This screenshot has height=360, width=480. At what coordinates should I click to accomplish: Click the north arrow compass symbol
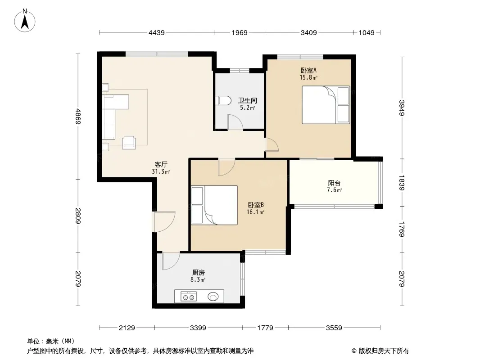(x=25, y=21)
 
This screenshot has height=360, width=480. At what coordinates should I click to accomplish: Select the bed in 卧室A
(x=326, y=105)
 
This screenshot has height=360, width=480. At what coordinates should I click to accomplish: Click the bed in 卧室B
(x=214, y=205)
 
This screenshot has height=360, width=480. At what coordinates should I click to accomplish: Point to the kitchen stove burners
(x=188, y=297)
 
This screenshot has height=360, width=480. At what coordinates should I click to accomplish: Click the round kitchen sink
(x=213, y=297)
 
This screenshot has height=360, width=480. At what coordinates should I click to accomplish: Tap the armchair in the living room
(x=129, y=143)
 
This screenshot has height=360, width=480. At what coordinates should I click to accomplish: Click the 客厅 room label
(x=161, y=165)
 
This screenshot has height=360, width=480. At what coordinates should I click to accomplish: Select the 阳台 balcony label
(x=334, y=183)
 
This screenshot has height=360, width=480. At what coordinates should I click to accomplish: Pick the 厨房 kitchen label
(x=199, y=273)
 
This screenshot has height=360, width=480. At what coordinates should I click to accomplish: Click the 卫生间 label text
(x=247, y=100)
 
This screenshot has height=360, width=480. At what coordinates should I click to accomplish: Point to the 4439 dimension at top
(x=156, y=32)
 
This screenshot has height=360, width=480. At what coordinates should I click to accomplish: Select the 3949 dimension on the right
(x=402, y=108)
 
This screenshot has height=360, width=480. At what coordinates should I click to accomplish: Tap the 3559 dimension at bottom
(x=334, y=328)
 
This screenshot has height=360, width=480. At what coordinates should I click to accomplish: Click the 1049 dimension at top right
(x=367, y=32)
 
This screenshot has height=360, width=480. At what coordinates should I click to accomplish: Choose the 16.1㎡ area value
(x=255, y=212)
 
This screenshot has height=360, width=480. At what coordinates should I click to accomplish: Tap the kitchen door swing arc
(x=171, y=261)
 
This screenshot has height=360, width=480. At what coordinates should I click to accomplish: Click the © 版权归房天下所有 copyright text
(x=380, y=351)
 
